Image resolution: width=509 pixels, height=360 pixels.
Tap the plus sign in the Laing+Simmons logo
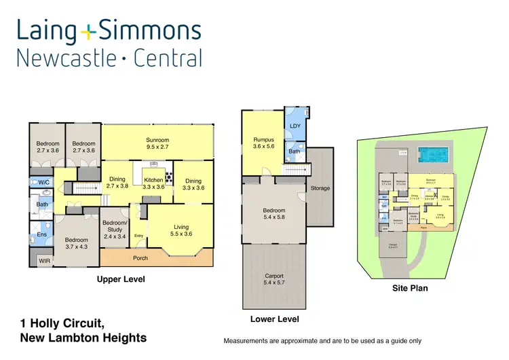click(89, 31)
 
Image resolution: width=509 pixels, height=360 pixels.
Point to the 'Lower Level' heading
click(275, 319)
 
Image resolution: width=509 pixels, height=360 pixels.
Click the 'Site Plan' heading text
click(410, 288)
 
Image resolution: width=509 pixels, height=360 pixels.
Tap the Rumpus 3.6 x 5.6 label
click(263, 144)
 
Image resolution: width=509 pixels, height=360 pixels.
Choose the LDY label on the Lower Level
click(295, 126)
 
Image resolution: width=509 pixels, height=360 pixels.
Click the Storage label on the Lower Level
click(320, 188)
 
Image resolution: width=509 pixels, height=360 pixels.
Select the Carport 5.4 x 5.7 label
click(274, 280)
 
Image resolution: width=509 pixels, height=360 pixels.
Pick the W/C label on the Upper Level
click(43, 182)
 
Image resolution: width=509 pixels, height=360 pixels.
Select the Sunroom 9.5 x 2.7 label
click(157, 143)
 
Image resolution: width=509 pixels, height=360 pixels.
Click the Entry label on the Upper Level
click(139, 236)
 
